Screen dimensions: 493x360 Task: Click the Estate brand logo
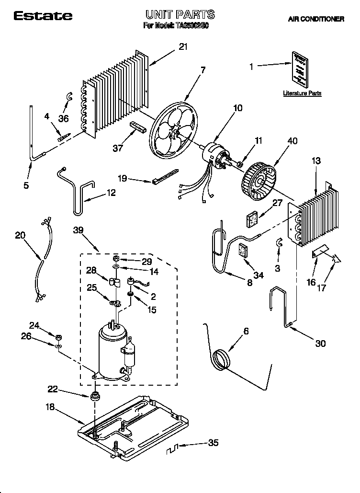[43, 16]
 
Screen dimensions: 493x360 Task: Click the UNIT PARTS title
[180, 15]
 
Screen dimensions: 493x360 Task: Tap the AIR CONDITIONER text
[316, 19]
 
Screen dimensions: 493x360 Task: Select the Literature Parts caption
[302, 93]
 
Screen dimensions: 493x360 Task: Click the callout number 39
[79, 230]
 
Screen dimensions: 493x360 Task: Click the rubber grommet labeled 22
[95, 396]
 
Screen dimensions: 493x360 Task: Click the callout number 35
[214, 443]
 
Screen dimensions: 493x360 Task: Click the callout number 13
[316, 161]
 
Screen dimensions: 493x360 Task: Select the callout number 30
[320, 343]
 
